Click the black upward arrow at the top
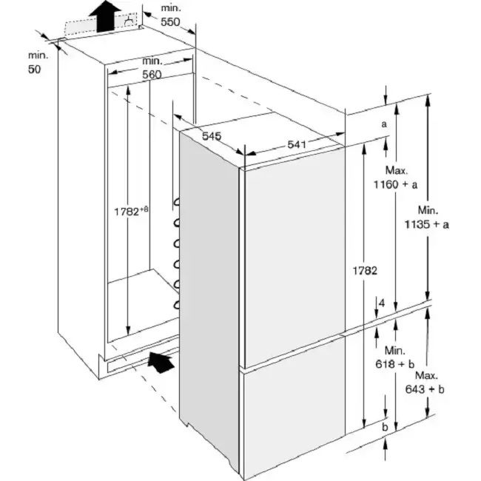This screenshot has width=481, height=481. click(107, 15)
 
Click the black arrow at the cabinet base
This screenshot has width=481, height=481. click(161, 362)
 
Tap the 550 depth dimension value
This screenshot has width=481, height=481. click(171, 22)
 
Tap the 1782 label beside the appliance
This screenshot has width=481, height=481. click(366, 271)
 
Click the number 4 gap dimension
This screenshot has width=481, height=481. click(381, 303)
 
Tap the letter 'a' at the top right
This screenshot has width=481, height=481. click(384, 124)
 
